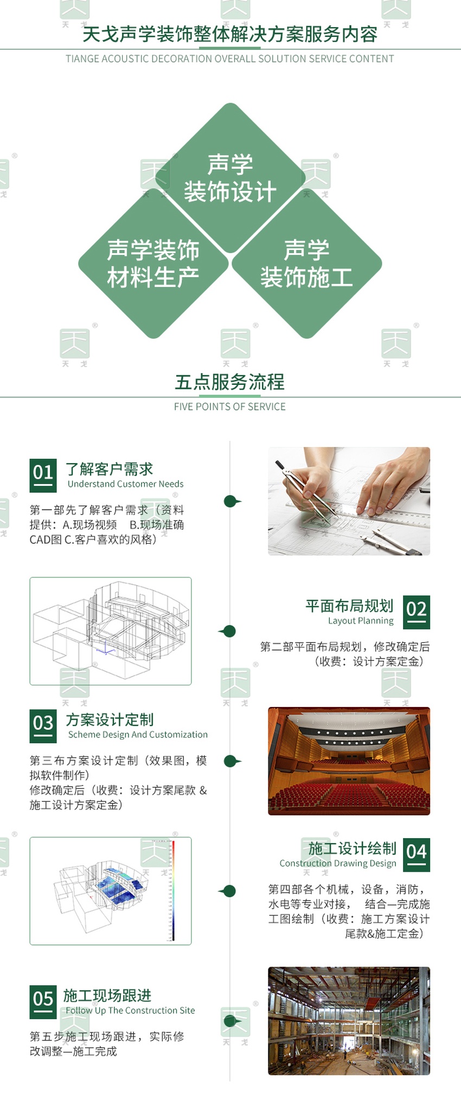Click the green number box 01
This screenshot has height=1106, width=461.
click(x=43, y=475)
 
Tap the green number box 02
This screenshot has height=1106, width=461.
click(x=417, y=612)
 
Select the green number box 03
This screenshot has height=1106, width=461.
click(x=43, y=725)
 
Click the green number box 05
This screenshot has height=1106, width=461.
click(x=43, y=1001)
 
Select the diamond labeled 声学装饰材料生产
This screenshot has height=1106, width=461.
click(x=153, y=263)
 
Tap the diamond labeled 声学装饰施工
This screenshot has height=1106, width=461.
click(x=306, y=263)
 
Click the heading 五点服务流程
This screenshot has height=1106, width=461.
click(x=229, y=382)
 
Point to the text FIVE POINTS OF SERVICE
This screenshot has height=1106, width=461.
click(x=229, y=407)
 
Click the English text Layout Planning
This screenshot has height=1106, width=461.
click(x=361, y=621)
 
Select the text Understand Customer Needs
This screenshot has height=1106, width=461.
click(x=125, y=484)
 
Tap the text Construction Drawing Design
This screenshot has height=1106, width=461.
click(x=338, y=863)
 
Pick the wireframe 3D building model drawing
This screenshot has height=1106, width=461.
click(x=111, y=631)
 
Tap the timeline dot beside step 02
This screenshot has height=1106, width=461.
click(x=229, y=631)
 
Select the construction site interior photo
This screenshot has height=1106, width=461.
click(x=349, y=1020)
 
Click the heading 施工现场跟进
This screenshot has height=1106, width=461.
click(x=107, y=995)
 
